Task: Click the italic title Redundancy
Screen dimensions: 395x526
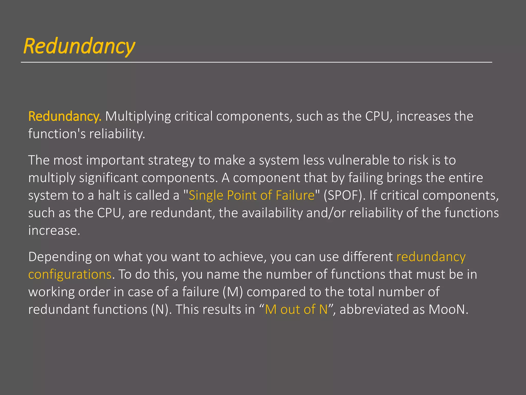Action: click(79, 46)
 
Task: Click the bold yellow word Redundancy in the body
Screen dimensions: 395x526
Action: click(64, 116)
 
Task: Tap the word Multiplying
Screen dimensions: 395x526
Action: click(138, 116)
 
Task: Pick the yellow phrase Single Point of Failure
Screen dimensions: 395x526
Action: click(251, 195)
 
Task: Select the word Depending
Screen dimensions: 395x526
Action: click(60, 257)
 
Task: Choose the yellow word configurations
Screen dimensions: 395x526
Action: click(70, 275)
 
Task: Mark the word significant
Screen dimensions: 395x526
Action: click(108, 178)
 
